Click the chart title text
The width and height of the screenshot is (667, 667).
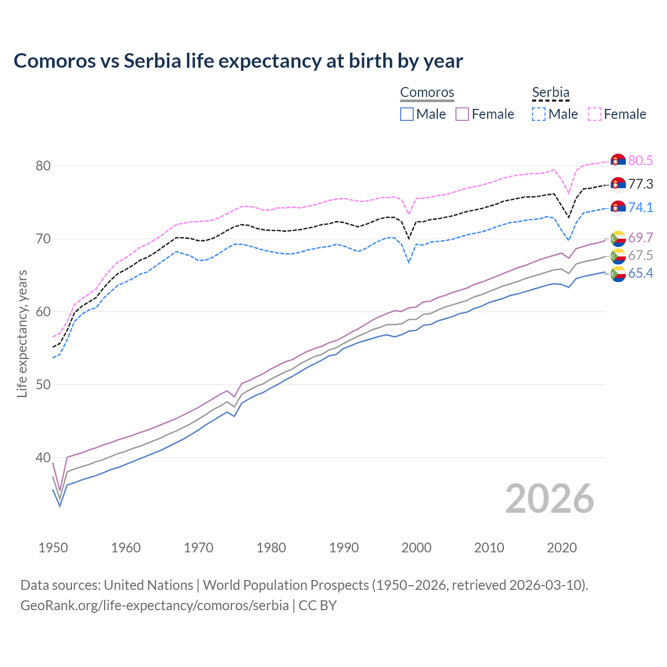coord(238,61)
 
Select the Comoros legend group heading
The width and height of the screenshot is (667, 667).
coord(427,93)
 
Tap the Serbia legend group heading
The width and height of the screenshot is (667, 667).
coord(550,93)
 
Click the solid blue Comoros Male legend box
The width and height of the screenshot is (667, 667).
coord(407,114)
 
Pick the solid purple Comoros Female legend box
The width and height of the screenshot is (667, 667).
coord(462,114)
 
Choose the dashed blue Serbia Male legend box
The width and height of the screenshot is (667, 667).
coord(539,114)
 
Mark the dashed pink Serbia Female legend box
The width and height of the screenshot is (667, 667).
coord(594,114)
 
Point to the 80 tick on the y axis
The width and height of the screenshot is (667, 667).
coord(43,166)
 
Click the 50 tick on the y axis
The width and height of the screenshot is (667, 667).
coord(43,385)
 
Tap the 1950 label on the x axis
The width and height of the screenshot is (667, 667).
coord(53,548)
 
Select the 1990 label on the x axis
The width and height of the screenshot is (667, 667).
coord(344,548)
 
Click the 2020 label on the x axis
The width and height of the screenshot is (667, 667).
coord(562,548)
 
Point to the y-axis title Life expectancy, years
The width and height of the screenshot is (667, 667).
coord(22,333)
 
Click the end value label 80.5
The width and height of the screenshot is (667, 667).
coord(640,160)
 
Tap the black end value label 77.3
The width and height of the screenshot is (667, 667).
coord(640,184)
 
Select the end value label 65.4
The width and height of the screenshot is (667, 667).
coord(640,273)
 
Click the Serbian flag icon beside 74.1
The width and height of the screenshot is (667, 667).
coord(618,207)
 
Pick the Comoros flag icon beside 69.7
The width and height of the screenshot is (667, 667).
coord(618,238)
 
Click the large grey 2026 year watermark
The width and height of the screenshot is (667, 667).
coord(550,499)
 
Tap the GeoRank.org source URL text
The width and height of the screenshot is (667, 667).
coord(154,606)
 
